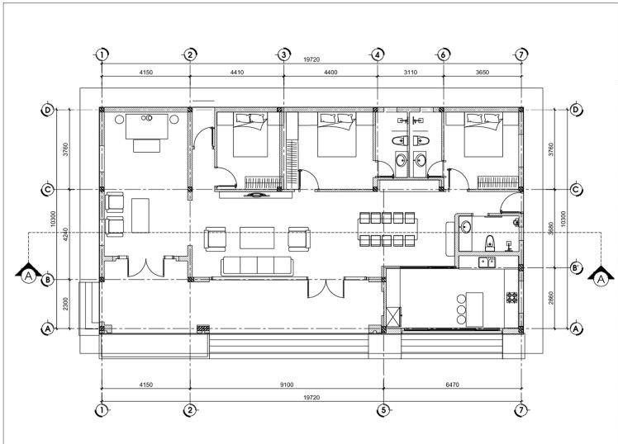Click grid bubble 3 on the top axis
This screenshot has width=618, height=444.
coord(283,54)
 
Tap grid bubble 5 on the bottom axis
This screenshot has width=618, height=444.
coord(383,409)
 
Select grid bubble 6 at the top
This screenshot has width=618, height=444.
coord(444,54)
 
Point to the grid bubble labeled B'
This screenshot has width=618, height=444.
coord(575,268)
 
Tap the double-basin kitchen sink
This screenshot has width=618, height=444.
coord(487,262)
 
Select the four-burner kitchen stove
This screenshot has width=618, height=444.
coord(513,295)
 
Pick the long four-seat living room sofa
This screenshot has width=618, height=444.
coord(257,266)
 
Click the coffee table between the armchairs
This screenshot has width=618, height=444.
coord(257,238)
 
